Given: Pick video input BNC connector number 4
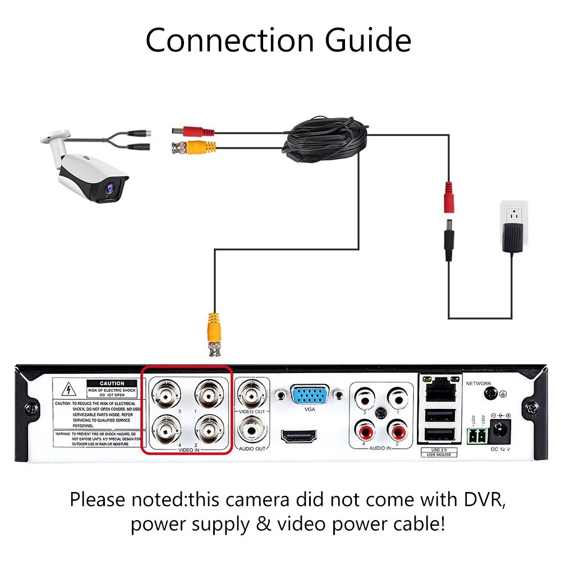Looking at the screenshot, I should point(167,431).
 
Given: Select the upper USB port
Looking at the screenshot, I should point(438,415).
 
